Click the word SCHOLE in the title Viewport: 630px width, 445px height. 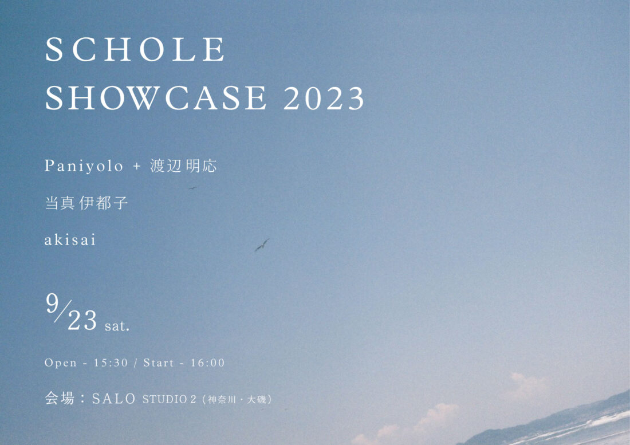[x=135, y=49]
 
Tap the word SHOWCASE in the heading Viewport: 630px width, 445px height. [x=156, y=97]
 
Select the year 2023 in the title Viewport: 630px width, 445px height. [x=324, y=99]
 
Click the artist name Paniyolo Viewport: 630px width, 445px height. [x=84, y=166]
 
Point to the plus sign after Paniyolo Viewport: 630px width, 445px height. [x=137, y=166]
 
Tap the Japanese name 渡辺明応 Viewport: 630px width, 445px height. [x=183, y=166]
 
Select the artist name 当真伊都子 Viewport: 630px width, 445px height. [x=86, y=203]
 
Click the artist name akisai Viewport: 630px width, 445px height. [x=70, y=240]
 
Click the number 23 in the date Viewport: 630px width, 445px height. [x=82, y=320]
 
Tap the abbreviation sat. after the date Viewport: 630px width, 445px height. [x=117, y=326]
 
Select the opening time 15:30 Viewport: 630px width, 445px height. [x=111, y=363]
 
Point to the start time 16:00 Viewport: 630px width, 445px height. [x=207, y=363]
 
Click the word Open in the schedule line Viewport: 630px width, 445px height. [x=61, y=363]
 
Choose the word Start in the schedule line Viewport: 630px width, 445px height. [x=158, y=363]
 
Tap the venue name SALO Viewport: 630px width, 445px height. [x=114, y=399]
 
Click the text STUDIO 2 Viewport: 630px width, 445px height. [x=169, y=399]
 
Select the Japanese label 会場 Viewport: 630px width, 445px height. [x=60, y=399]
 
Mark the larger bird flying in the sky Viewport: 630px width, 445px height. [x=262, y=245]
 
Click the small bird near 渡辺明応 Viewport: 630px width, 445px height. [x=192, y=187]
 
